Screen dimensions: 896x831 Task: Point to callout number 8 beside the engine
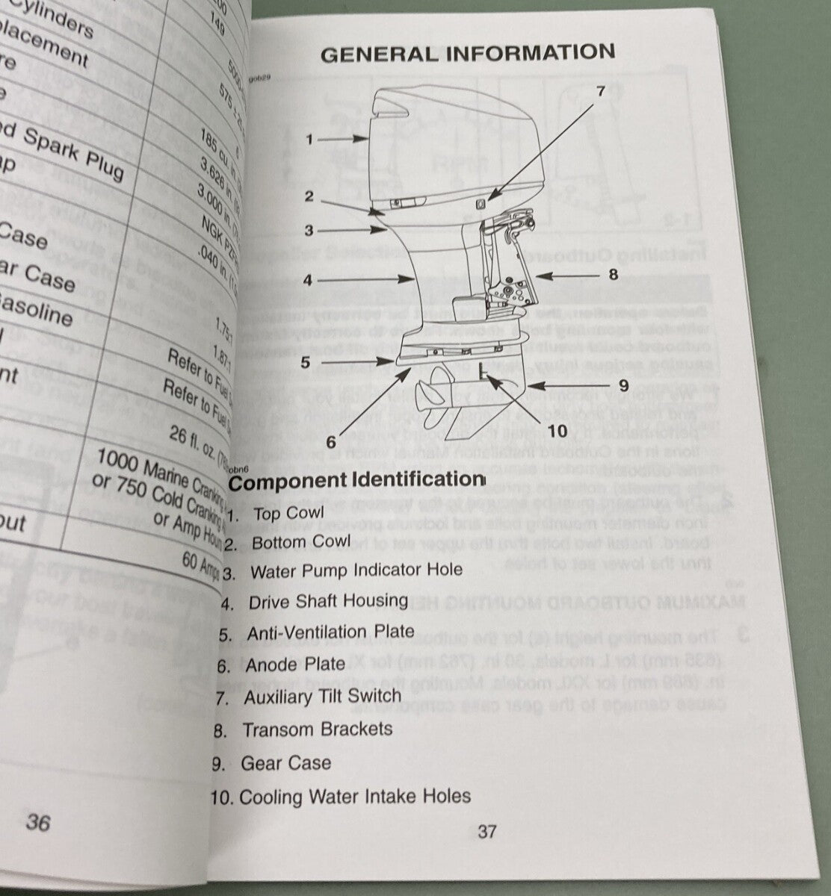[x=613, y=274]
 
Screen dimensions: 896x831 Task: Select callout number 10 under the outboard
[x=557, y=431]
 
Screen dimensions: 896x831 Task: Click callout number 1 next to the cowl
[x=309, y=139]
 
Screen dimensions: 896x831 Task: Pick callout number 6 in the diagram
[x=330, y=442]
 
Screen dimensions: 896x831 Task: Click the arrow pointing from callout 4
[x=369, y=281]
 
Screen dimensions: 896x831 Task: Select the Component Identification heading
[x=356, y=480]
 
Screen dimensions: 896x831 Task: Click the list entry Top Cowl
[x=288, y=514]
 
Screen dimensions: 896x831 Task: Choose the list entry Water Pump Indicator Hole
[x=356, y=570]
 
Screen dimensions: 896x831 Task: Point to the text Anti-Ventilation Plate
[x=330, y=633]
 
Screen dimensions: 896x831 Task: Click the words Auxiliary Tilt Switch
[x=322, y=697]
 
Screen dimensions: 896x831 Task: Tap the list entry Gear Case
[x=285, y=763]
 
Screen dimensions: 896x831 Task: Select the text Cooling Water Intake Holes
[x=355, y=797]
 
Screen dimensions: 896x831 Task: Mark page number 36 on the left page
[x=37, y=822]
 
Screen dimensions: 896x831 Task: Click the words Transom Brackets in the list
[x=317, y=729]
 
